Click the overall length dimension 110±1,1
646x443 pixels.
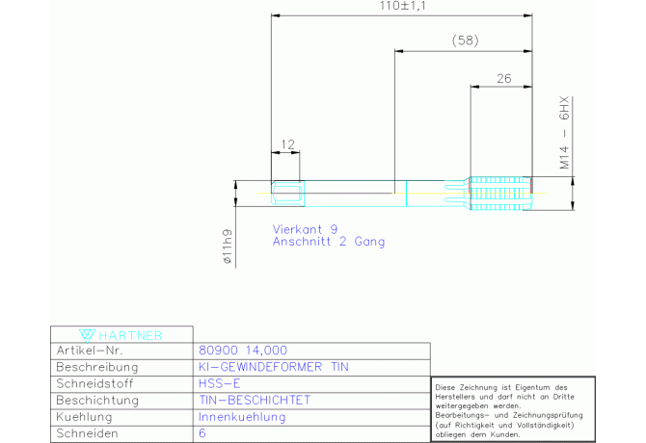coord(402,6)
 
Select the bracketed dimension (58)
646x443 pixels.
coord(465,40)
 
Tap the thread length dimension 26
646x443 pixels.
coord(503,78)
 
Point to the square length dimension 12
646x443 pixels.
coord(287,144)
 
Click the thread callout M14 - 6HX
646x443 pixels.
coord(564,133)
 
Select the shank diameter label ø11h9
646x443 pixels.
coord(227,247)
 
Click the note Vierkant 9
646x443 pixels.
coord(305,229)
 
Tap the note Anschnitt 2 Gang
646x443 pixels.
coord(329,242)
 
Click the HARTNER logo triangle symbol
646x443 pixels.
coord(87,335)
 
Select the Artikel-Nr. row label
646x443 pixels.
coord(90,351)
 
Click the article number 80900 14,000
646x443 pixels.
coord(243,351)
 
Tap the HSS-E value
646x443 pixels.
coord(219,383)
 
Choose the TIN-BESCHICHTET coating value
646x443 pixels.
coord(255,401)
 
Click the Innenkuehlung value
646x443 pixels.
coord(242,417)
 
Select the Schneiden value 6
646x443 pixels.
coord(202,433)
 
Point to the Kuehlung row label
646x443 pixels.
coord(84,417)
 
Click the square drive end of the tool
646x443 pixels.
coord(287,194)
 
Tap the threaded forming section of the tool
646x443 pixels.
coord(501,194)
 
